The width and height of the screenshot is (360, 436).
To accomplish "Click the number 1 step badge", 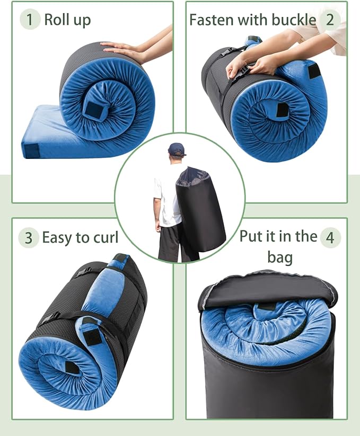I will pos(30,20).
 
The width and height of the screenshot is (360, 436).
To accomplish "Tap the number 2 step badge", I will pos(330,20).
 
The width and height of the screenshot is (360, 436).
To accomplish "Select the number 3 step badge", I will pos(28,237).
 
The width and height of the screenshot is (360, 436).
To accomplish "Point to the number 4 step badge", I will pos(330,237).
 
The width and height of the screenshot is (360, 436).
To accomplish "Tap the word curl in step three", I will pos(105,237).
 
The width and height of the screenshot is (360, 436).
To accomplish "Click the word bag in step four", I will pos(280,257).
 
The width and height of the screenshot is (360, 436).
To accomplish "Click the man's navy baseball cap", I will pos(177,149).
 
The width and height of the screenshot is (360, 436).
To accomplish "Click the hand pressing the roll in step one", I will pos(125,50).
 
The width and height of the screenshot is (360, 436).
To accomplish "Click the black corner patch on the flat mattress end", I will pos(32,150).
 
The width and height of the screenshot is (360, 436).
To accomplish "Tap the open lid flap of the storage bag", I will pos(265,289).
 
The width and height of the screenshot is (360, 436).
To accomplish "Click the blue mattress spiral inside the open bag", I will pos(268,328).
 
